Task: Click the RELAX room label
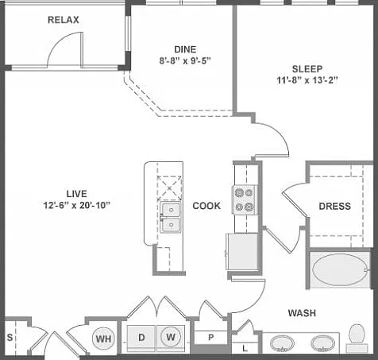pyautogui.click(x=64, y=20)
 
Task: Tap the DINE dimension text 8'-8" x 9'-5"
pyautogui.click(x=185, y=61)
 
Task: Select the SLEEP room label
pyautogui.click(x=307, y=69)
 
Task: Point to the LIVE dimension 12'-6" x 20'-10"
pyautogui.click(x=77, y=205)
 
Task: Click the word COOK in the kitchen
pyautogui.click(x=206, y=206)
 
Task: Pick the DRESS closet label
pyautogui.click(x=335, y=207)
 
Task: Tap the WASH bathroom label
pyautogui.click(x=302, y=313)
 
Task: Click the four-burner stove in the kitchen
pyautogui.click(x=245, y=199)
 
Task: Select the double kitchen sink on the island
pyautogui.click(x=171, y=217)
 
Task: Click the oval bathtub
pyautogui.click(x=340, y=269)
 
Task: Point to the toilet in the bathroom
pyautogui.click(x=357, y=339)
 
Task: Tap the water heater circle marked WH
pyautogui.click(x=103, y=339)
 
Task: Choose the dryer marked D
pyautogui.click(x=141, y=337)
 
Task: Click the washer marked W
pyautogui.click(x=171, y=337)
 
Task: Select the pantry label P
pyautogui.click(x=211, y=338)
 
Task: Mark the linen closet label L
pyautogui.click(x=245, y=348)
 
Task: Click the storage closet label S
pyautogui.click(x=10, y=337)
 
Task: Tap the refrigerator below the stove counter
pyautogui.click(x=241, y=251)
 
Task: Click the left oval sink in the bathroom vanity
pyautogui.click(x=282, y=343)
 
